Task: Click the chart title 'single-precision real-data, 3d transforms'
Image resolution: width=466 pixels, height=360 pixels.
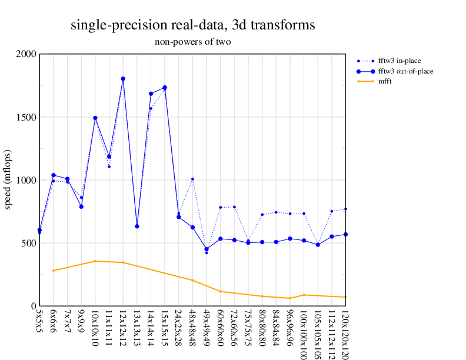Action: coord(192,25)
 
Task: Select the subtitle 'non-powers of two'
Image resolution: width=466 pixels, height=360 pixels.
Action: coord(192,42)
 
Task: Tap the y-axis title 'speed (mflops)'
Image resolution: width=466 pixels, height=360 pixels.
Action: coord(8,179)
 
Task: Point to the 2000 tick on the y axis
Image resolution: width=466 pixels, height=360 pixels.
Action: coord(26,54)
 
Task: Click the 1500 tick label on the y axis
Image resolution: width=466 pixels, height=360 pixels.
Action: coord(26,117)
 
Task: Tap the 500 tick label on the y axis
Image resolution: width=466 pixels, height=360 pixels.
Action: coord(28,243)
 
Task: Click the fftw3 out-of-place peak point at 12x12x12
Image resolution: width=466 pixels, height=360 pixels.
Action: coord(123,79)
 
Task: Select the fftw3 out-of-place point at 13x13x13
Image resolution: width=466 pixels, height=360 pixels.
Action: coord(137,226)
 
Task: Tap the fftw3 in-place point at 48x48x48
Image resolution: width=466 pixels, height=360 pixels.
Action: coord(192,179)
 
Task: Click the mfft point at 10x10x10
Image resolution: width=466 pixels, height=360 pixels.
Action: coord(95,261)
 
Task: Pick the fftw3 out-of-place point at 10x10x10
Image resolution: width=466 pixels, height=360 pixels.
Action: coord(95,118)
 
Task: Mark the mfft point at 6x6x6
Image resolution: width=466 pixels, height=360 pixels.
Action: coord(54,271)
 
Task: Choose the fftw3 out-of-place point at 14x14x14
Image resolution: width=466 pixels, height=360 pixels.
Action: coord(151,94)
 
